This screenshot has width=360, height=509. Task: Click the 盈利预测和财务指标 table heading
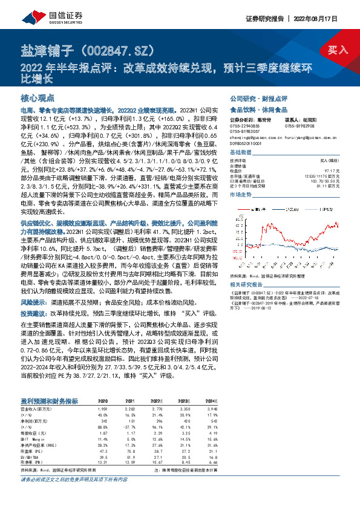point(49,401)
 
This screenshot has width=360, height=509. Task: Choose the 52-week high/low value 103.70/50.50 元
point(326,182)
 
